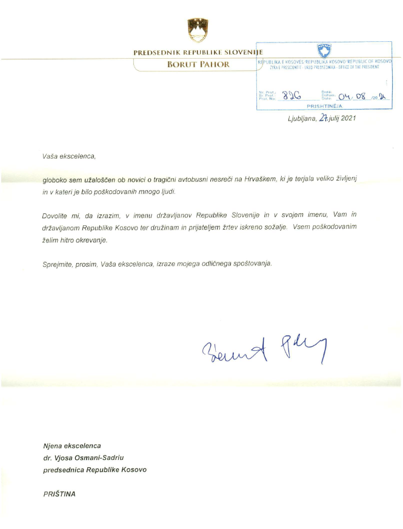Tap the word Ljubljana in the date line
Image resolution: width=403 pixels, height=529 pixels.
point(301,118)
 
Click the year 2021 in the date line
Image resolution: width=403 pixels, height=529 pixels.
point(348,118)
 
